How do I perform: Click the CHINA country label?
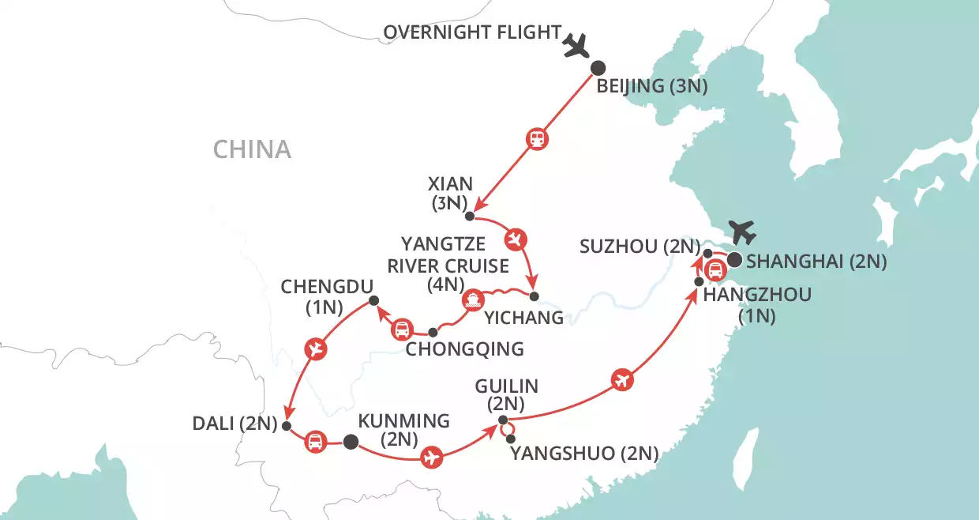[x=252, y=149]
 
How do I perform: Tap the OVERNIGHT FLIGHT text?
[x=472, y=33]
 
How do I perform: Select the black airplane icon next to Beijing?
[x=578, y=47]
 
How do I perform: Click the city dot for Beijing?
[x=598, y=68]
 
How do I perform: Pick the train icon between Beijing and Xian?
[x=537, y=140]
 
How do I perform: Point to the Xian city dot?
[x=469, y=217]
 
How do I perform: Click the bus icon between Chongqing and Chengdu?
[x=402, y=328]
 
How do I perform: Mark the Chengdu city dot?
[x=374, y=300]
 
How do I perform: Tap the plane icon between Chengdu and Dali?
[x=316, y=349]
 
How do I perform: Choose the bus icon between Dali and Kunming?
[x=315, y=441]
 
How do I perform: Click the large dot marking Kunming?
[x=351, y=442]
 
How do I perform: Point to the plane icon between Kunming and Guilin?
[x=430, y=458]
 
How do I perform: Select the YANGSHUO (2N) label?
[x=584, y=453]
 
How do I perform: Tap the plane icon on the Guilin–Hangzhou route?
[x=623, y=381]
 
